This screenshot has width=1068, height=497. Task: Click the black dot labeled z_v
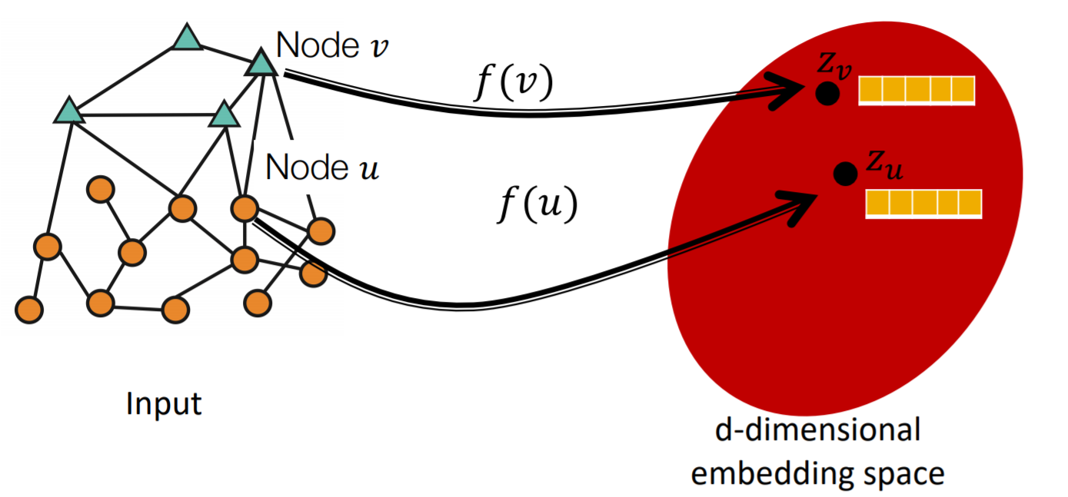pyautogui.click(x=827, y=94)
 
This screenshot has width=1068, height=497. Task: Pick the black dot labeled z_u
pyautogui.click(x=846, y=174)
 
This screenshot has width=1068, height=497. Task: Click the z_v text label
pyautogui.click(x=834, y=69)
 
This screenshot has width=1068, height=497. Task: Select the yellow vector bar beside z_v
pyautogui.click(x=916, y=91)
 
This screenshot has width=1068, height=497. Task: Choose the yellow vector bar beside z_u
pyautogui.click(x=923, y=203)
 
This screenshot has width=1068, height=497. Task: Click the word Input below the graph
pyautogui.click(x=164, y=403)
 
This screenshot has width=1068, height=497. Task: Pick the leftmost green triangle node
pyautogui.click(x=68, y=111)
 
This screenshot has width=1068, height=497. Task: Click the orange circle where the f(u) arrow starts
pyautogui.click(x=244, y=208)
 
